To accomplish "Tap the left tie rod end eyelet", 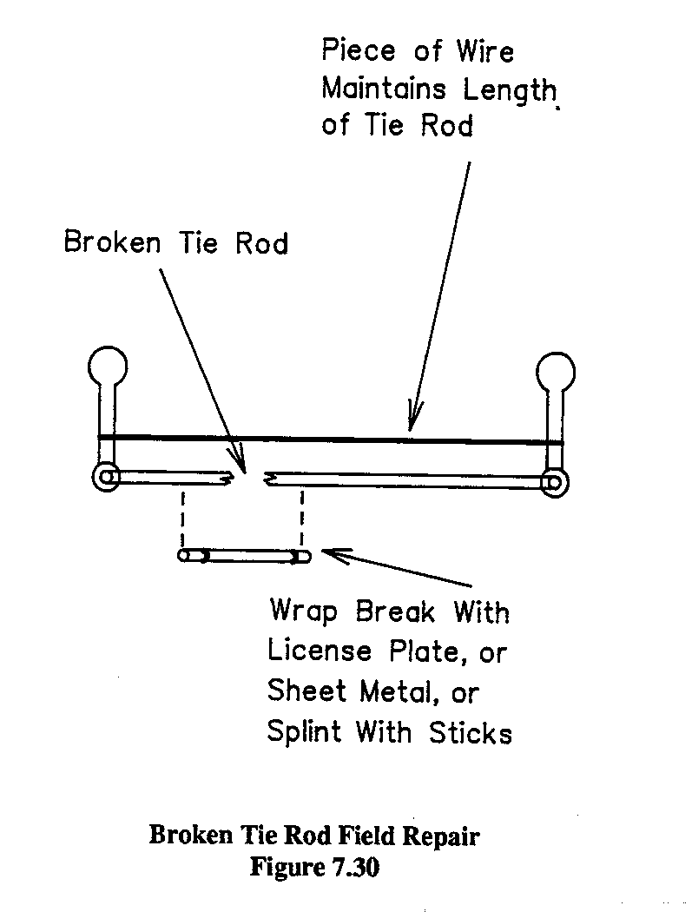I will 106,478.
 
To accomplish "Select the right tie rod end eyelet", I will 554,482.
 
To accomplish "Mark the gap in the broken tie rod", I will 251,477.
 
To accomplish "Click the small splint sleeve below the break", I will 243,555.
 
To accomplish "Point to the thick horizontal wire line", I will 330,439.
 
